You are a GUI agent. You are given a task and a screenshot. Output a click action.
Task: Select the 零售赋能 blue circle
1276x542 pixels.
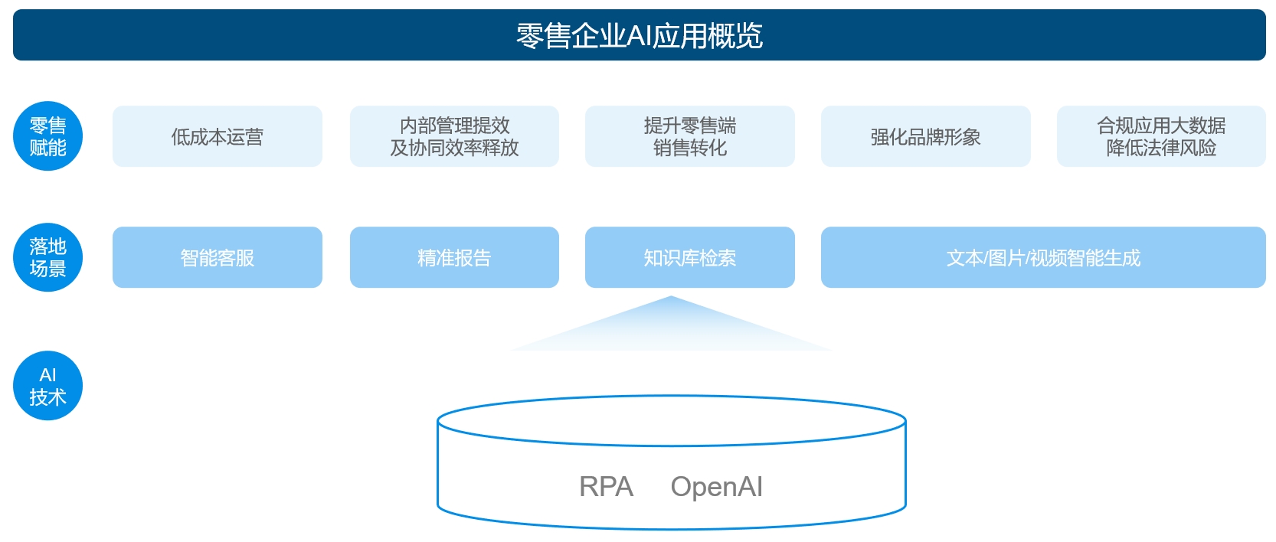click(47, 136)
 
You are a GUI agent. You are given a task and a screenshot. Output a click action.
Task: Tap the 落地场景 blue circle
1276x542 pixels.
click(47, 257)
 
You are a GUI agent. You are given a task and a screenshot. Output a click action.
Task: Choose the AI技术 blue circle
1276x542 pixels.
click(47, 386)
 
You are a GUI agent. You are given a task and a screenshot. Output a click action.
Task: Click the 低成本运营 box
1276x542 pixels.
click(218, 136)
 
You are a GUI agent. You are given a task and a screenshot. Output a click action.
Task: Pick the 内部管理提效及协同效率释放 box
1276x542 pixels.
click(454, 136)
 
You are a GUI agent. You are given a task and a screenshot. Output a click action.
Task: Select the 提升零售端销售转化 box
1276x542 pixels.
click(690, 136)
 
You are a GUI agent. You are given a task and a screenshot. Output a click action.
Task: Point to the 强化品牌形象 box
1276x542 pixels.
click(925, 136)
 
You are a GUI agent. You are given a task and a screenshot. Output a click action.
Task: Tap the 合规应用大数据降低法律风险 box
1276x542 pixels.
click(1161, 136)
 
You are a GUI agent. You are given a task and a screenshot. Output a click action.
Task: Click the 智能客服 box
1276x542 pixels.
click(218, 257)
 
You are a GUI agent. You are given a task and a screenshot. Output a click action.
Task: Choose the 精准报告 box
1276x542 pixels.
click(454, 257)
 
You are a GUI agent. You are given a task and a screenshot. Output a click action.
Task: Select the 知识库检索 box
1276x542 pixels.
click(690, 257)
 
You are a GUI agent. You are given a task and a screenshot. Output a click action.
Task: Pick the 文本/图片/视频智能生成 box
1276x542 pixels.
click(1043, 257)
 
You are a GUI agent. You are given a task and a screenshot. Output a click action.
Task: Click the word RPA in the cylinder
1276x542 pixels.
click(606, 487)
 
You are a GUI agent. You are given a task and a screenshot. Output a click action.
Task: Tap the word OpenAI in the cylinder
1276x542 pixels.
click(716, 487)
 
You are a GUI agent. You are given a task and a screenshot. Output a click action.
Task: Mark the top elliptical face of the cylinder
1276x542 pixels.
click(671, 420)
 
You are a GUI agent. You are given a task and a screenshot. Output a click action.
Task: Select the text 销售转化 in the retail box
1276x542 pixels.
click(690, 148)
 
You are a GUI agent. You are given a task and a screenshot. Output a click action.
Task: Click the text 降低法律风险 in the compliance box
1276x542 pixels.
click(1161, 148)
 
